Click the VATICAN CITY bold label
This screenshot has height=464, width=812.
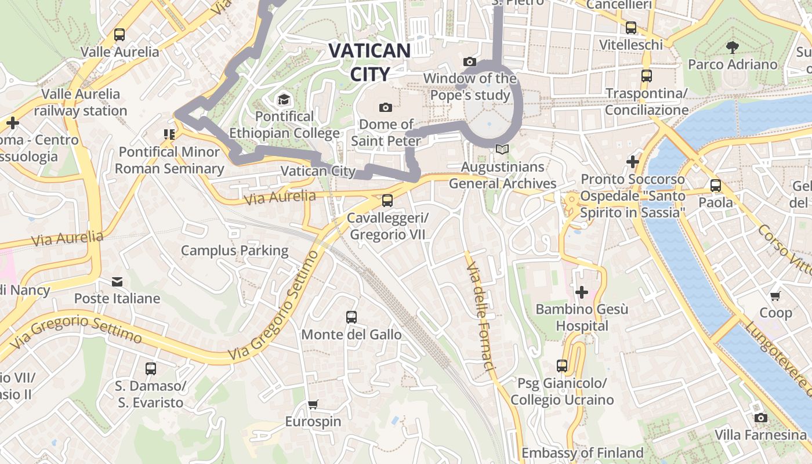(x=369, y=62)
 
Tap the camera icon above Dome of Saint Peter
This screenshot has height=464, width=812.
(x=385, y=107)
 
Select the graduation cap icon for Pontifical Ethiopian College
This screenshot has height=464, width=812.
(x=284, y=100)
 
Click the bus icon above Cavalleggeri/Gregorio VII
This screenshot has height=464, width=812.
(x=387, y=201)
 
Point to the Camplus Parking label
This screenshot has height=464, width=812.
(x=234, y=251)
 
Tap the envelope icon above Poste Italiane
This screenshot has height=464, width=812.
(x=117, y=282)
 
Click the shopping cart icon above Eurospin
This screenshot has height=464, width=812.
(x=313, y=404)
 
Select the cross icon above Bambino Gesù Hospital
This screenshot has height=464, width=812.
(x=581, y=292)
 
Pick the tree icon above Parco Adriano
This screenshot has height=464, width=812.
(x=733, y=47)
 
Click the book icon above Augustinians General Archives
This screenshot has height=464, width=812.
(x=502, y=150)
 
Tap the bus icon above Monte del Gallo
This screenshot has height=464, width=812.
(x=351, y=317)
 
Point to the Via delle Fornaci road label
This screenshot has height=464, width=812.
(x=481, y=316)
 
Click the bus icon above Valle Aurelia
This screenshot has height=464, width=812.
(x=119, y=35)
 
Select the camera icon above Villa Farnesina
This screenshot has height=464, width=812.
(x=760, y=418)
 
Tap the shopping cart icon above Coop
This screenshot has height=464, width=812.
(x=775, y=296)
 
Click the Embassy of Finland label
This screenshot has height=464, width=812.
(x=582, y=452)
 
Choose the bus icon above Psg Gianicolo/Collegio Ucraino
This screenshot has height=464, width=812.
(x=561, y=366)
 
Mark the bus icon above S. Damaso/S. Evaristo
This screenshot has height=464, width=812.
(x=150, y=368)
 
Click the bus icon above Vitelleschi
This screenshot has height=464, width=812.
(x=631, y=28)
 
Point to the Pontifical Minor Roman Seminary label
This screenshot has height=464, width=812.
(x=169, y=160)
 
